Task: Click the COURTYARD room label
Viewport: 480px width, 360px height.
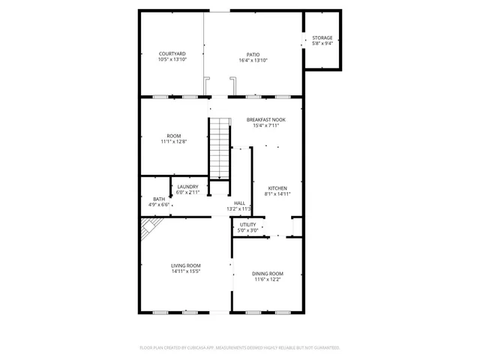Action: pyautogui.click(x=172, y=53)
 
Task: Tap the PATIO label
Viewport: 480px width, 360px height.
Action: pyautogui.click(x=253, y=53)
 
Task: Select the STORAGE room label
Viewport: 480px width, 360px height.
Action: pyautogui.click(x=322, y=37)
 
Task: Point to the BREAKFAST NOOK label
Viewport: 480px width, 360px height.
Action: pyautogui.click(x=265, y=119)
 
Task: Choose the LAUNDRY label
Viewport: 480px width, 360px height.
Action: pyautogui.click(x=187, y=187)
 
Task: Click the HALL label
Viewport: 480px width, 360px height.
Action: pyautogui.click(x=239, y=202)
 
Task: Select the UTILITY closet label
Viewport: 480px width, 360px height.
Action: pyautogui.click(x=247, y=224)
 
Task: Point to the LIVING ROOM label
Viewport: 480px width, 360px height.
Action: pyautogui.click(x=186, y=265)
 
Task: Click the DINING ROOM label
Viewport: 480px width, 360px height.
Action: pyautogui.click(x=267, y=273)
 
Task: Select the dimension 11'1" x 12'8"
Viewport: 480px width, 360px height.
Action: pyautogui.click(x=173, y=142)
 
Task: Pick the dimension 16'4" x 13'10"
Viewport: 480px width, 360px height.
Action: pyautogui.click(x=253, y=59)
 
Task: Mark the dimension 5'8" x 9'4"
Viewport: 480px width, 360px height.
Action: pyautogui.click(x=322, y=43)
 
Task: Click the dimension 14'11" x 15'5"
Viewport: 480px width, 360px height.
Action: pyautogui.click(x=186, y=271)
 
